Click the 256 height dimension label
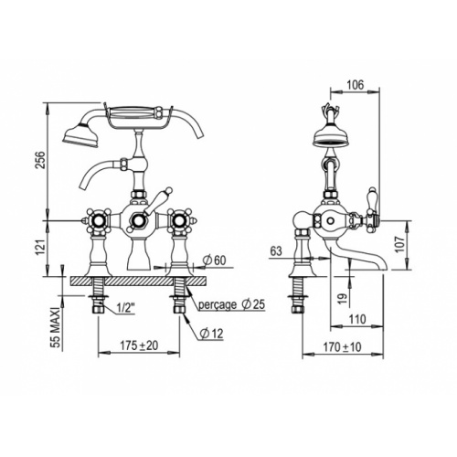(x=40, y=159)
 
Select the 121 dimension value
(x=40, y=246)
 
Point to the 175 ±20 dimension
(x=139, y=345)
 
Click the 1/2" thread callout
(x=125, y=308)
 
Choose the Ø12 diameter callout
(x=211, y=334)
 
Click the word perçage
(x=218, y=304)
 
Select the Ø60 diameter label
(x=215, y=260)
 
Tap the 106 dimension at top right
(x=356, y=85)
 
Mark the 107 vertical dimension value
(x=400, y=244)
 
